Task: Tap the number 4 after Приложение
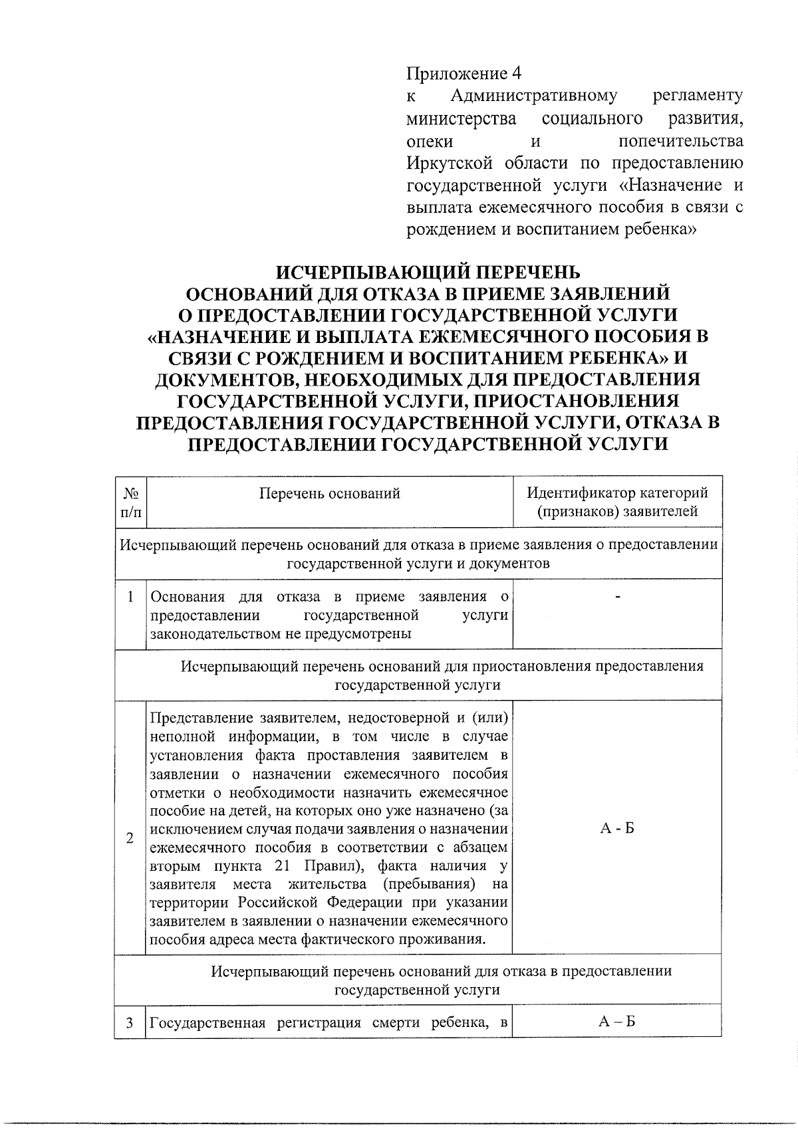[x=517, y=72]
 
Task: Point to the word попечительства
[x=680, y=141]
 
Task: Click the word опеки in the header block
[x=430, y=141]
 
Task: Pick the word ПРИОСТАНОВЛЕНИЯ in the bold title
[x=578, y=401]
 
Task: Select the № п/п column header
[x=130, y=503]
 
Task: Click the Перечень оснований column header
[x=330, y=493]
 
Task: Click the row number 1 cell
[x=130, y=597]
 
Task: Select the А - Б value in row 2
[x=617, y=828]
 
